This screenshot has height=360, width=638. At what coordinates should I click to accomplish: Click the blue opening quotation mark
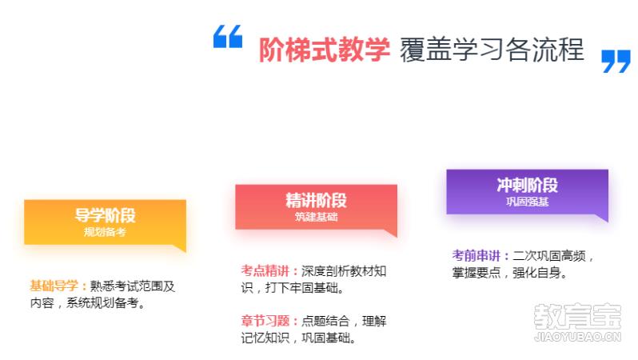[228, 37]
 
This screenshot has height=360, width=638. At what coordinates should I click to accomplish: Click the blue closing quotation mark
[616, 62]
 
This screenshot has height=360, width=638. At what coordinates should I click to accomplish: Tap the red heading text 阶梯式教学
[325, 50]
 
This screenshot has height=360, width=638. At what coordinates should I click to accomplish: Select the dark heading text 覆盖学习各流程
[492, 50]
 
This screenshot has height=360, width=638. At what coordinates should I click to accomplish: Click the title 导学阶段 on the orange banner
[105, 215]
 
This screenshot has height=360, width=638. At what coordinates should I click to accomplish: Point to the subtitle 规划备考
[105, 232]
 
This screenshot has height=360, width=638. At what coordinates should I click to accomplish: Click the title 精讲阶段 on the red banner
[316, 200]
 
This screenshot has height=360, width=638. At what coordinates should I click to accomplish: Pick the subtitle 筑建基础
[316, 217]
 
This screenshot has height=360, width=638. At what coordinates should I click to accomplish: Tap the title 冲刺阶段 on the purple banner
[528, 186]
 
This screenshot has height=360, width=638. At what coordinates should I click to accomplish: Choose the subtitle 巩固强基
[528, 202]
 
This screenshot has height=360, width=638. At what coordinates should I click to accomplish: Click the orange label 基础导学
[54, 286]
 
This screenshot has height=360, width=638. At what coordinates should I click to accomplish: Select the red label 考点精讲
[265, 271]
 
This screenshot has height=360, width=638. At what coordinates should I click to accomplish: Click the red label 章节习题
[265, 321]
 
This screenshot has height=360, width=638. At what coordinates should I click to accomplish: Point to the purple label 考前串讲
[476, 256]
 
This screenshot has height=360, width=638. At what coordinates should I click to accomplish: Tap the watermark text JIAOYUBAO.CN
[578, 337]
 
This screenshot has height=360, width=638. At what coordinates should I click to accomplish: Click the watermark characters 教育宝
[578, 317]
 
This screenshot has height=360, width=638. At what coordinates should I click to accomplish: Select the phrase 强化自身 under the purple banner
[536, 273]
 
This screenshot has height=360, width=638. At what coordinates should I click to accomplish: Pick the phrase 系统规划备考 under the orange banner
[102, 303]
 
